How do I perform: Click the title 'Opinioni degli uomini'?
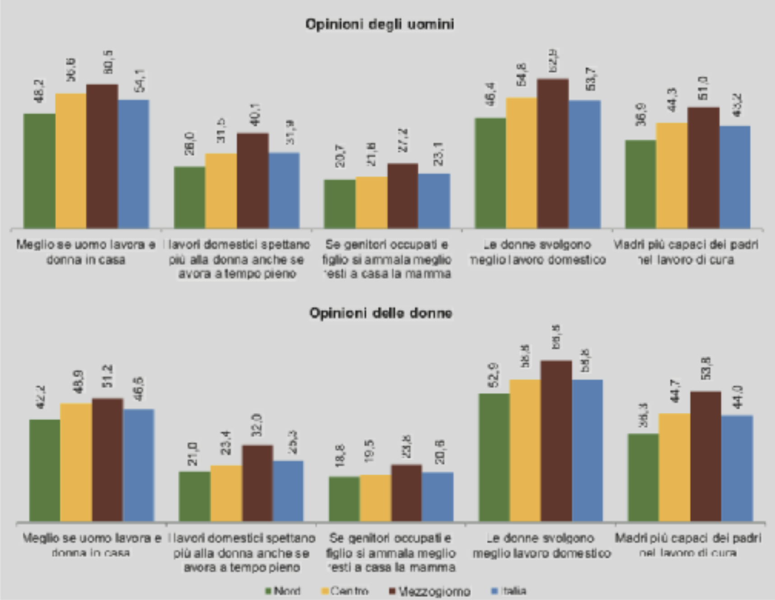tap(379, 24)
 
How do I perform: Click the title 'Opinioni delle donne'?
tap(380, 313)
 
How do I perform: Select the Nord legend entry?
tap(283, 591)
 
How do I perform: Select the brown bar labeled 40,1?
tap(252, 181)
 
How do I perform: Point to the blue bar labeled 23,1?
tap(434, 201)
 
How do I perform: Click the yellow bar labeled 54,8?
tap(522, 163)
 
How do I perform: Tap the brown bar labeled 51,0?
tap(703, 168)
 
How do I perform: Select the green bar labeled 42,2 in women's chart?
tap(45, 470)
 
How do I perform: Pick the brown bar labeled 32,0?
tap(257, 483)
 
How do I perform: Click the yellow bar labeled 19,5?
tap(376, 498)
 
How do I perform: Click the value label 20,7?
tap(341, 156)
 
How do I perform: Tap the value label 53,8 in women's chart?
tap(707, 368)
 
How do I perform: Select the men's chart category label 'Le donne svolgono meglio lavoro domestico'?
tap(537, 252)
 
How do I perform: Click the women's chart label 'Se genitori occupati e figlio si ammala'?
tap(390, 553)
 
